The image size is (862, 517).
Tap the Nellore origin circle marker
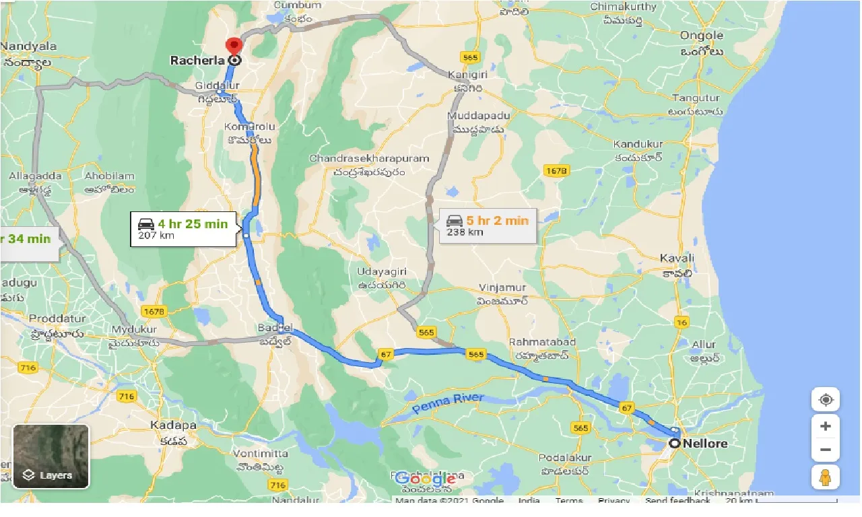coord(675,444)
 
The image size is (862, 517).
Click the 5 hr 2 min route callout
coord(488,226)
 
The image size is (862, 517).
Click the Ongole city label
coord(701,36)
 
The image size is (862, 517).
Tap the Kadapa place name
coord(173,425)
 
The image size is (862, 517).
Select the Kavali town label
coord(677,258)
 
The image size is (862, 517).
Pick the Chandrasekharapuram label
coord(369,158)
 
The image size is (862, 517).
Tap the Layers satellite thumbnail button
coord(51,456)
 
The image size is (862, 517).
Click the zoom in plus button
coord(826,426)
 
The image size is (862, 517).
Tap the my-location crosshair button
coord(826,400)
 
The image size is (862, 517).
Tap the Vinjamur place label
coord(502,287)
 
